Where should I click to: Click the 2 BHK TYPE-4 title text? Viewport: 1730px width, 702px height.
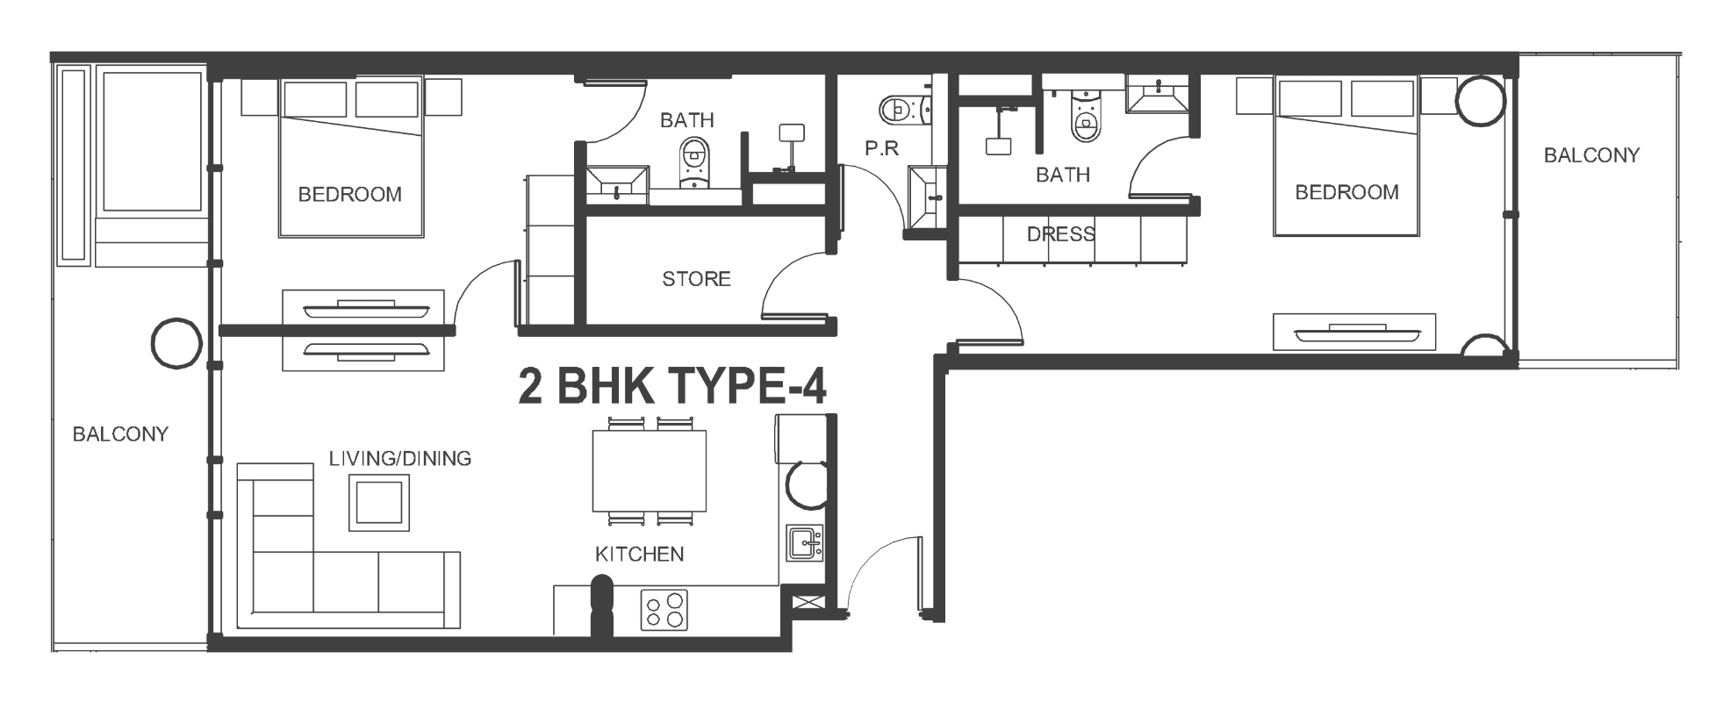(672, 386)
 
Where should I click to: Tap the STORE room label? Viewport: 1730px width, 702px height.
(696, 279)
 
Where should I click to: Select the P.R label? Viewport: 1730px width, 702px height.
(881, 148)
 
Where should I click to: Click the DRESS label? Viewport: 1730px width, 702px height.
(1061, 234)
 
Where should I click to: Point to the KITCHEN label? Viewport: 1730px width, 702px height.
(639, 554)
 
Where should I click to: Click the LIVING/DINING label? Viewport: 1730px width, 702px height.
(400, 458)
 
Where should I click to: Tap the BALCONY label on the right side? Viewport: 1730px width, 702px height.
(1591, 155)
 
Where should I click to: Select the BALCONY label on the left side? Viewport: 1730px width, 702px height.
(120, 433)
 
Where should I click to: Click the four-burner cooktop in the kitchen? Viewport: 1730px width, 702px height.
(664, 610)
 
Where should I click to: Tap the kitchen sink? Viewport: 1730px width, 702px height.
(804, 544)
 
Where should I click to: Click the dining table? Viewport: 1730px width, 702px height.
(650, 470)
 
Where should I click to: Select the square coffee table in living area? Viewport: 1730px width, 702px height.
(379, 502)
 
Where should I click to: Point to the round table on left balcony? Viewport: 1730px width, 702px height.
(176, 343)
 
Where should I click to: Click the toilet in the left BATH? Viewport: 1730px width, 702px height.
(695, 163)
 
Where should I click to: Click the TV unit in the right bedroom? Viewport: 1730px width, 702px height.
(1354, 332)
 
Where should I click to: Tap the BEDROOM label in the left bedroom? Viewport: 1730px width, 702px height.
(350, 195)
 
